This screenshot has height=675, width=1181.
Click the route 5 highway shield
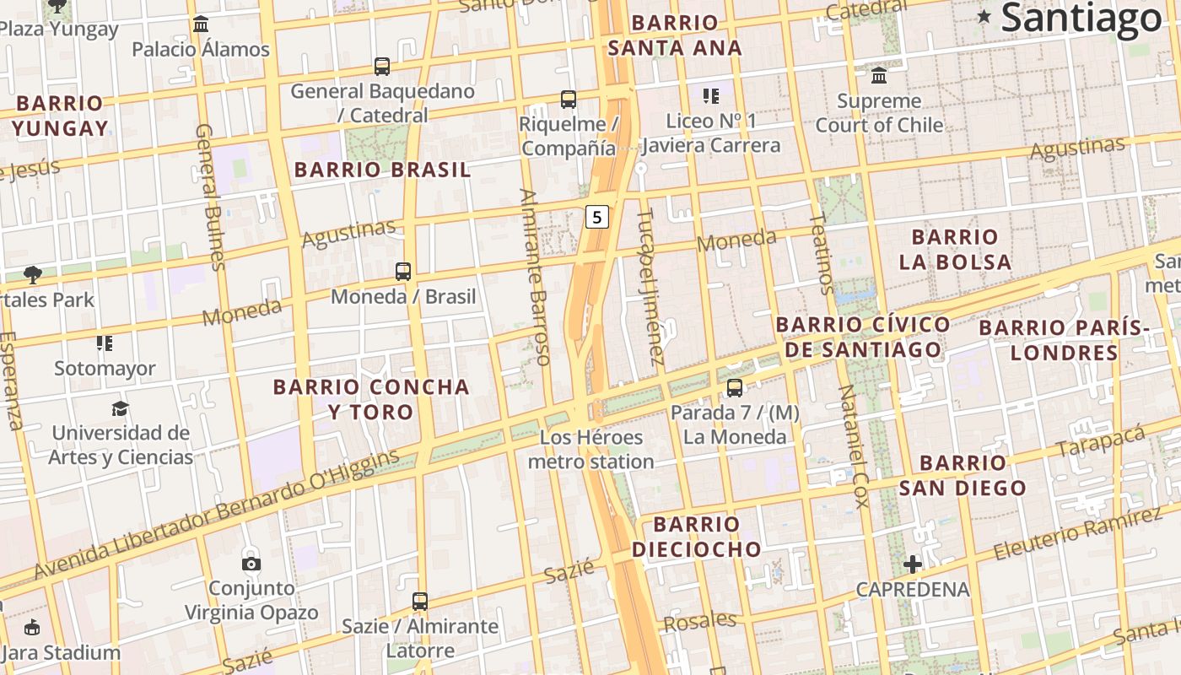(x=597, y=217)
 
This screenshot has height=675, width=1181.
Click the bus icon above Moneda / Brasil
(x=403, y=272)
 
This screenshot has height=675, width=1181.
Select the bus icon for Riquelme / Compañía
(x=569, y=100)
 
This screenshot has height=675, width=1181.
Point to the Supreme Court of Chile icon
(x=879, y=76)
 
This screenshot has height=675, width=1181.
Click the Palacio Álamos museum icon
(x=201, y=24)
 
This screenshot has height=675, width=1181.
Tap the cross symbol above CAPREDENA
(x=912, y=564)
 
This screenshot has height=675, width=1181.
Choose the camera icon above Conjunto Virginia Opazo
(x=251, y=563)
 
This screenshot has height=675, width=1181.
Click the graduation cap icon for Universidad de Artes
(x=121, y=409)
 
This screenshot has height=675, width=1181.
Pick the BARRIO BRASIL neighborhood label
(x=382, y=170)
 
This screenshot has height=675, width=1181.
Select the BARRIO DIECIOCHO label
(x=696, y=537)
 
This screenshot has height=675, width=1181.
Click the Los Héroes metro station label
(x=590, y=450)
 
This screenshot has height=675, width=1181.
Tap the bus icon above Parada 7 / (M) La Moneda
(x=735, y=388)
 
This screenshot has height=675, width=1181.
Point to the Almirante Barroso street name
(x=536, y=277)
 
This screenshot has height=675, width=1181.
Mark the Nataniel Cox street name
(x=853, y=446)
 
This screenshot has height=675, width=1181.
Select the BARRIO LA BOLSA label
(x=955, y=249)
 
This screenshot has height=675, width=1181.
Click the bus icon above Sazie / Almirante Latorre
(x=420, y=602)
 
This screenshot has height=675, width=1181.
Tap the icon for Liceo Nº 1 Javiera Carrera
(x=711, y=96)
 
